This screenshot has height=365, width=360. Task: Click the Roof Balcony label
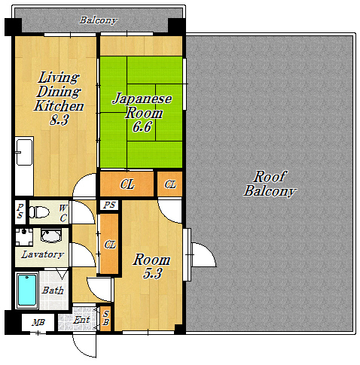pyautogui.click(x=270, y=184)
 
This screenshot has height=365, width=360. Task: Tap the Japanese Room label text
pyautogui.click(x=142, y=105)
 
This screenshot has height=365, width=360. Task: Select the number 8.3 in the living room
pyautogui.click(x=59, y=120)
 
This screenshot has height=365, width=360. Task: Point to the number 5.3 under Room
pyautogui.click(x=153, y=273)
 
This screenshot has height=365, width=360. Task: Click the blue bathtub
pyautogui.click(x=26, y=290)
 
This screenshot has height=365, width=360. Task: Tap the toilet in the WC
pyautogui.click(x=38, y=212)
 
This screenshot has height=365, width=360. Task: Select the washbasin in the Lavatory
pyautogui.click(x=51, y=236)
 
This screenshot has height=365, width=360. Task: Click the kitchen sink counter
pyautogui.click(x=24, y=166)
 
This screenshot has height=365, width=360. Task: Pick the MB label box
pyautogui.click(x=38, y=323)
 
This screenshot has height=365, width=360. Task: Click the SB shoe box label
pyautogui.click(x=106, y=318)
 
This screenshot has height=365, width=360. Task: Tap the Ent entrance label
pyautogui.click(x=81, y=320)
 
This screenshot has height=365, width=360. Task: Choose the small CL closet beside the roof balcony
pyautogui.click(x=170, y=184)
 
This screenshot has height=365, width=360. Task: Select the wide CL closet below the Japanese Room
pyautogui.click(x=127, y=184)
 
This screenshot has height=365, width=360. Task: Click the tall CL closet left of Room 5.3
pyautogui.click(x=109, y=244)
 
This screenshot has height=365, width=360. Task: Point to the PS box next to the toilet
pyautogui.click(x=20, y=212)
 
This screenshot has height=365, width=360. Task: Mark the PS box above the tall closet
pyautogui.click(x=109, y=205)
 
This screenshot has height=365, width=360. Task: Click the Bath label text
pyautogui.click(x=53, y=290)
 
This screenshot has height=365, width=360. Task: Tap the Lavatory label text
pyautogui.click(x=42, y=254)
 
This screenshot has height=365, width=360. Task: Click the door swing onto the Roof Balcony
pyautogui.click(x=204, y=254)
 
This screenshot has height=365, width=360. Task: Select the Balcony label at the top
pyautogui.click(x=98, y=20)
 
